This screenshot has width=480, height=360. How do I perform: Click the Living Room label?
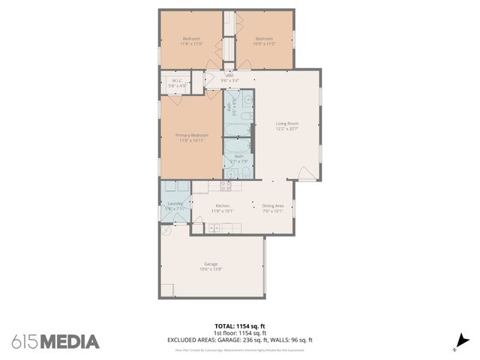tap(287, 124)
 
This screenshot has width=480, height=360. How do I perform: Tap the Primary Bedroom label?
tap(192, 135)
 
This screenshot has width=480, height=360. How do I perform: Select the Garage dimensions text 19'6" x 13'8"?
tap(211, 270)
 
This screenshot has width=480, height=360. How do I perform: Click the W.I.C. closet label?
tap(178, 80)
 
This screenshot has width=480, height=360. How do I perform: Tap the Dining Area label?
tap(272, 205)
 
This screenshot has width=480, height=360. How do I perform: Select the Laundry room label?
tap(175, 202)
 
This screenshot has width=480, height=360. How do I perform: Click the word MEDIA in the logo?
tap(70, 342)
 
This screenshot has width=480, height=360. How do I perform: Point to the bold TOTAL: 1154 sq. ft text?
tap(239, 326)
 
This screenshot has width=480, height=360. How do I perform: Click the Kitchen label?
tap(222, 205)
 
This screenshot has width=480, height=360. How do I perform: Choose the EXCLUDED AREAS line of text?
tap(239, 340)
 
